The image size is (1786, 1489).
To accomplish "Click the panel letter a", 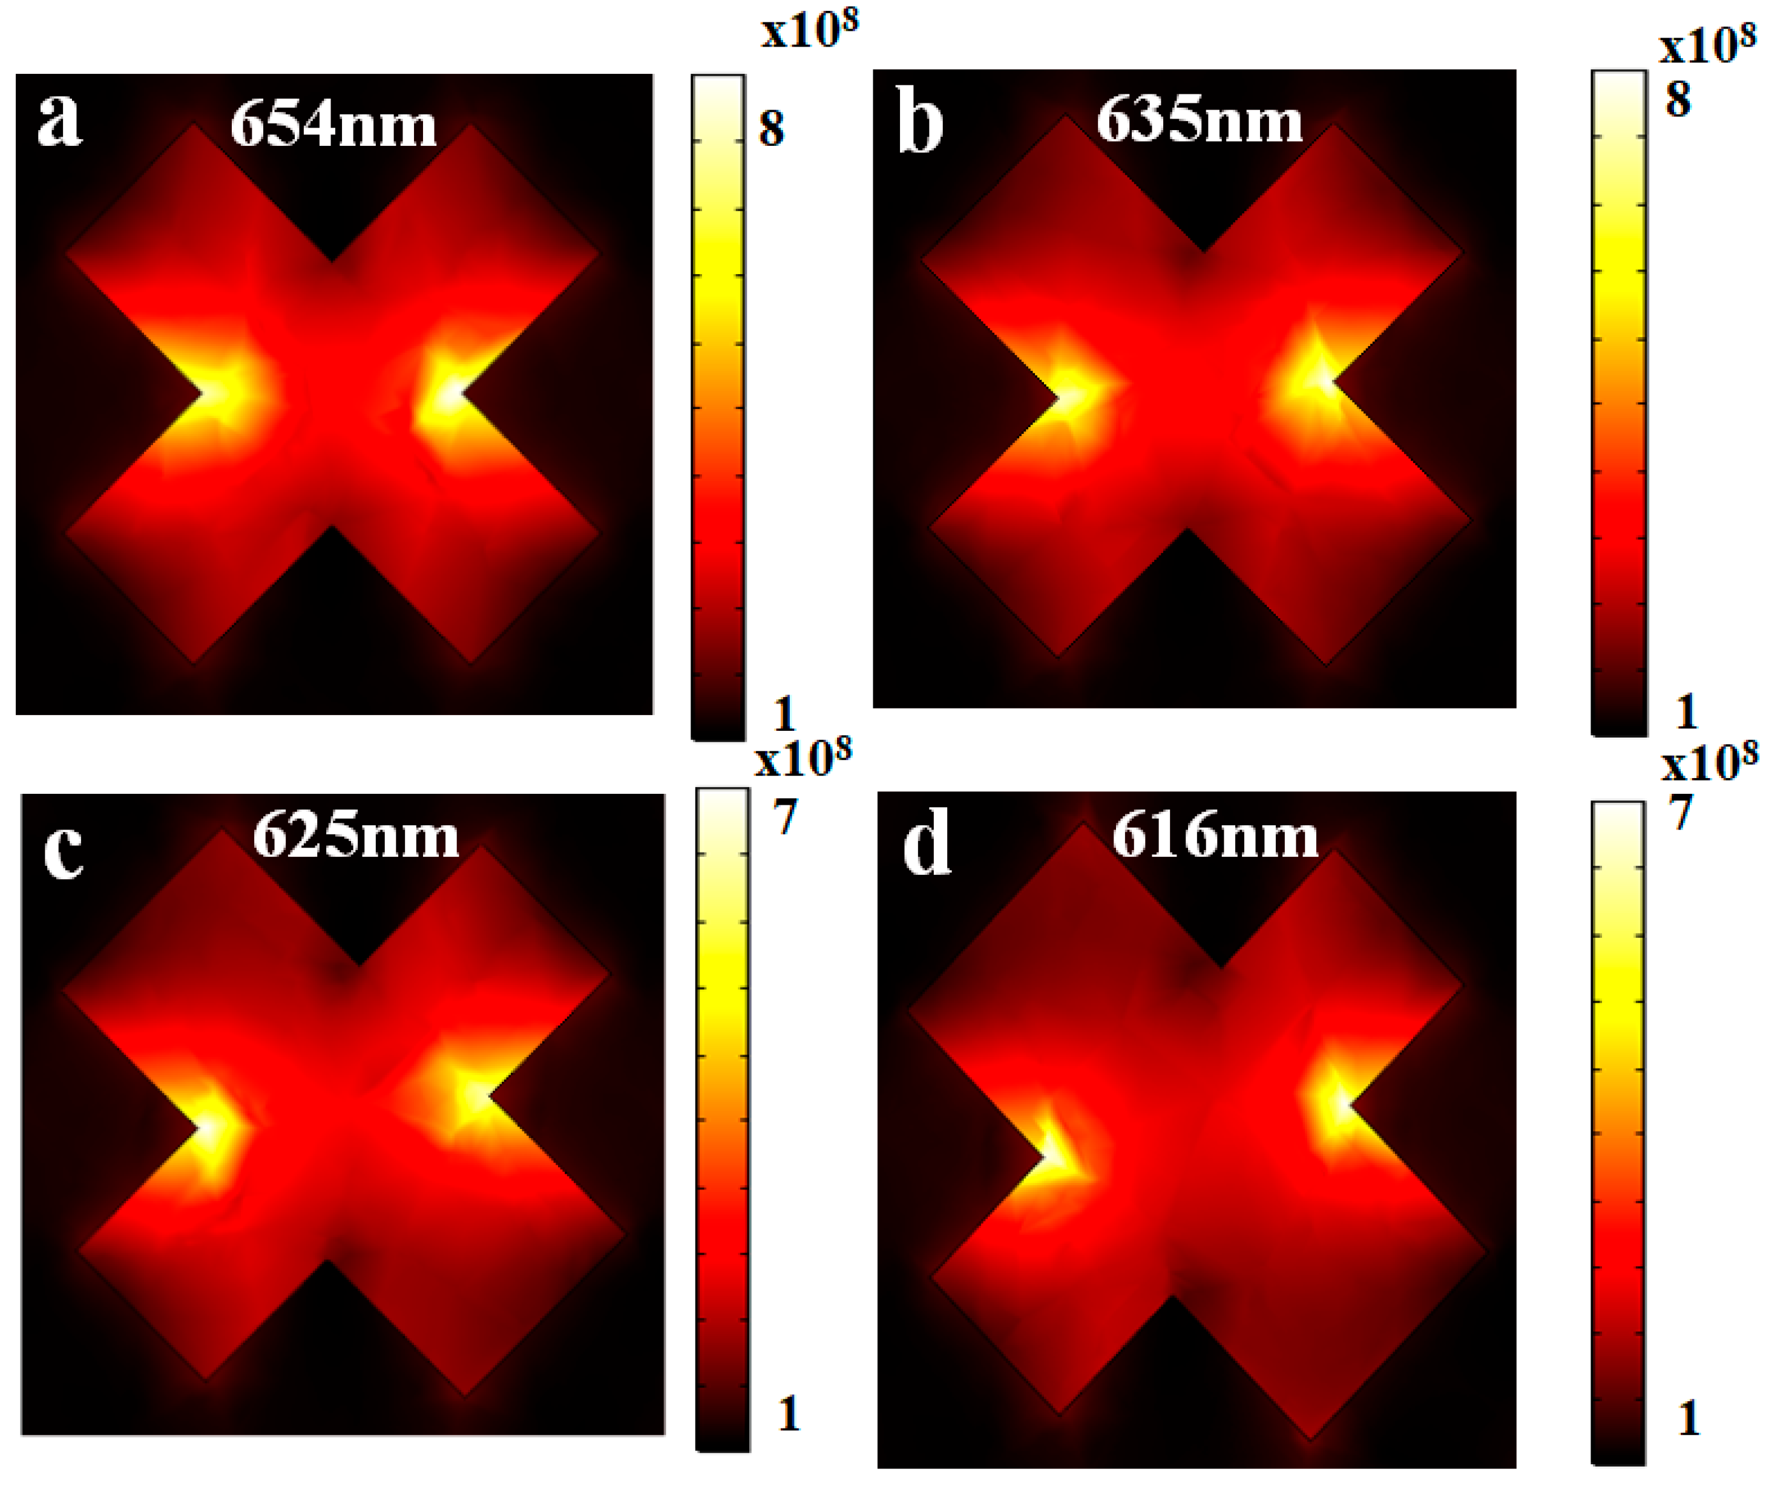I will click(x=59, y=121).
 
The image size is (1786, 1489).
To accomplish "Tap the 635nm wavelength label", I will click(x=1199, y=121).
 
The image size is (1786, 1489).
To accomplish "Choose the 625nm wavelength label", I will click(x=355, y=836).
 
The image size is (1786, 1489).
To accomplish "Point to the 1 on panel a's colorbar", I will click(x=783, y=713).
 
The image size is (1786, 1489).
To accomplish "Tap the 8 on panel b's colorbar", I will click(x=1677, y=99).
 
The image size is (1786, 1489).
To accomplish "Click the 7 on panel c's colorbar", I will click(x=784, y=816).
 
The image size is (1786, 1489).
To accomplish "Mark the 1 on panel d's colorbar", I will click(x=1688, y=1418).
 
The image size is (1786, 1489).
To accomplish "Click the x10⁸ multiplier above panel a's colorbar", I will click(x=809, y=31).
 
